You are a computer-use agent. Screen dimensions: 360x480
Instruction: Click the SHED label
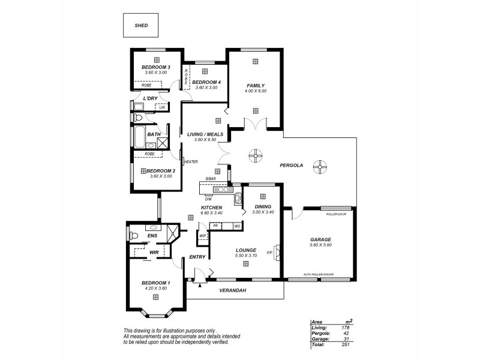click(x=141, y=26)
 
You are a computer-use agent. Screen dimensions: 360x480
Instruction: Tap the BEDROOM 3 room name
click(x=155, y=67)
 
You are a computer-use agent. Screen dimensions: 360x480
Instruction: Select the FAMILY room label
click(x=255, y=85)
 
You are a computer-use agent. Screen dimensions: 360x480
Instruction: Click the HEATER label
click(x=191, y=161)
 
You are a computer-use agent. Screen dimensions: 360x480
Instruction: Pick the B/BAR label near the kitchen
click(x=210, y=179)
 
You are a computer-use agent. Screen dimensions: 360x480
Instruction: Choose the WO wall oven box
click(x=237, y=226)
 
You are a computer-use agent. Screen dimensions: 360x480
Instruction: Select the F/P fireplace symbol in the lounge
click(x=276, y=250)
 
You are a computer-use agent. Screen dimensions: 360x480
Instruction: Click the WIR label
click(x=154, y=252)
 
